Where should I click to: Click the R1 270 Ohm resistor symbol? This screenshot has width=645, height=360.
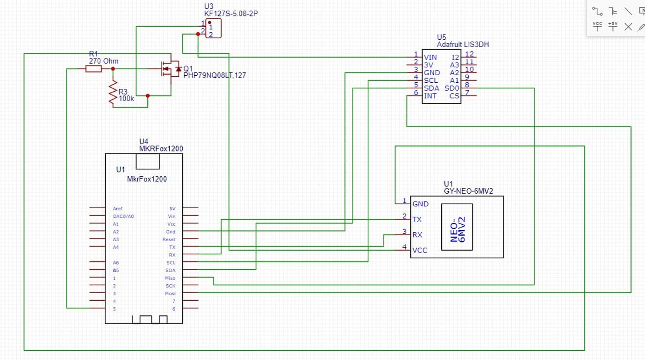pyautogui.click(x=93, y=69)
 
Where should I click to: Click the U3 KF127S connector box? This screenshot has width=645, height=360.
pyautogui.click(x=213, y=29)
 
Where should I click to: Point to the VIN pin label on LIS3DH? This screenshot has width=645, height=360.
pyautogui.click(x=430, y=57)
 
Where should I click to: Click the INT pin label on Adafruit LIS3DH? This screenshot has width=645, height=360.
pyautogui.click(x=430, y=96)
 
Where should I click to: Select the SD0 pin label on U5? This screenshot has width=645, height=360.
pyautogui.click(x=452, y=88)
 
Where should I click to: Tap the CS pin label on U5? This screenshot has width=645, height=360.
pyautogui.click(x=454, y=96)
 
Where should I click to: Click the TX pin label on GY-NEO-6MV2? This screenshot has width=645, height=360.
pyautogui.click(x=417, y=219)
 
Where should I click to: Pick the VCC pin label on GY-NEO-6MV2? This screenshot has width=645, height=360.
pyautogui.click(x=420, y=250)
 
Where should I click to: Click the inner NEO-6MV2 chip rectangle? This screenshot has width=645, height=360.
pyautogui.click(x=457, y=227)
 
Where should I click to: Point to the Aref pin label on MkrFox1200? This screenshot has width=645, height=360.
pyautogui.click(x=118, y=209)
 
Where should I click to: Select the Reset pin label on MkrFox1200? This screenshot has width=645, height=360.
pyautogui.click(x=169, y=239)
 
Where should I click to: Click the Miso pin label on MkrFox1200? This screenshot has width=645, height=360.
pyautogui.click(x=170, y=278)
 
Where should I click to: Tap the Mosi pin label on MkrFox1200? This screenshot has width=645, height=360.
pyautogui.click(x=170, y=294)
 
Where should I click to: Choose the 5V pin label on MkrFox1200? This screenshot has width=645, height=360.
pyautogui.click(x=172, y=209)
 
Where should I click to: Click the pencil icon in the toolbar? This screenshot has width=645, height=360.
pyautogui.click(x=641, y=26)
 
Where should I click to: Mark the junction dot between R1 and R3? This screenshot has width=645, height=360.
pyautogui.click(x=113, y=69)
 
